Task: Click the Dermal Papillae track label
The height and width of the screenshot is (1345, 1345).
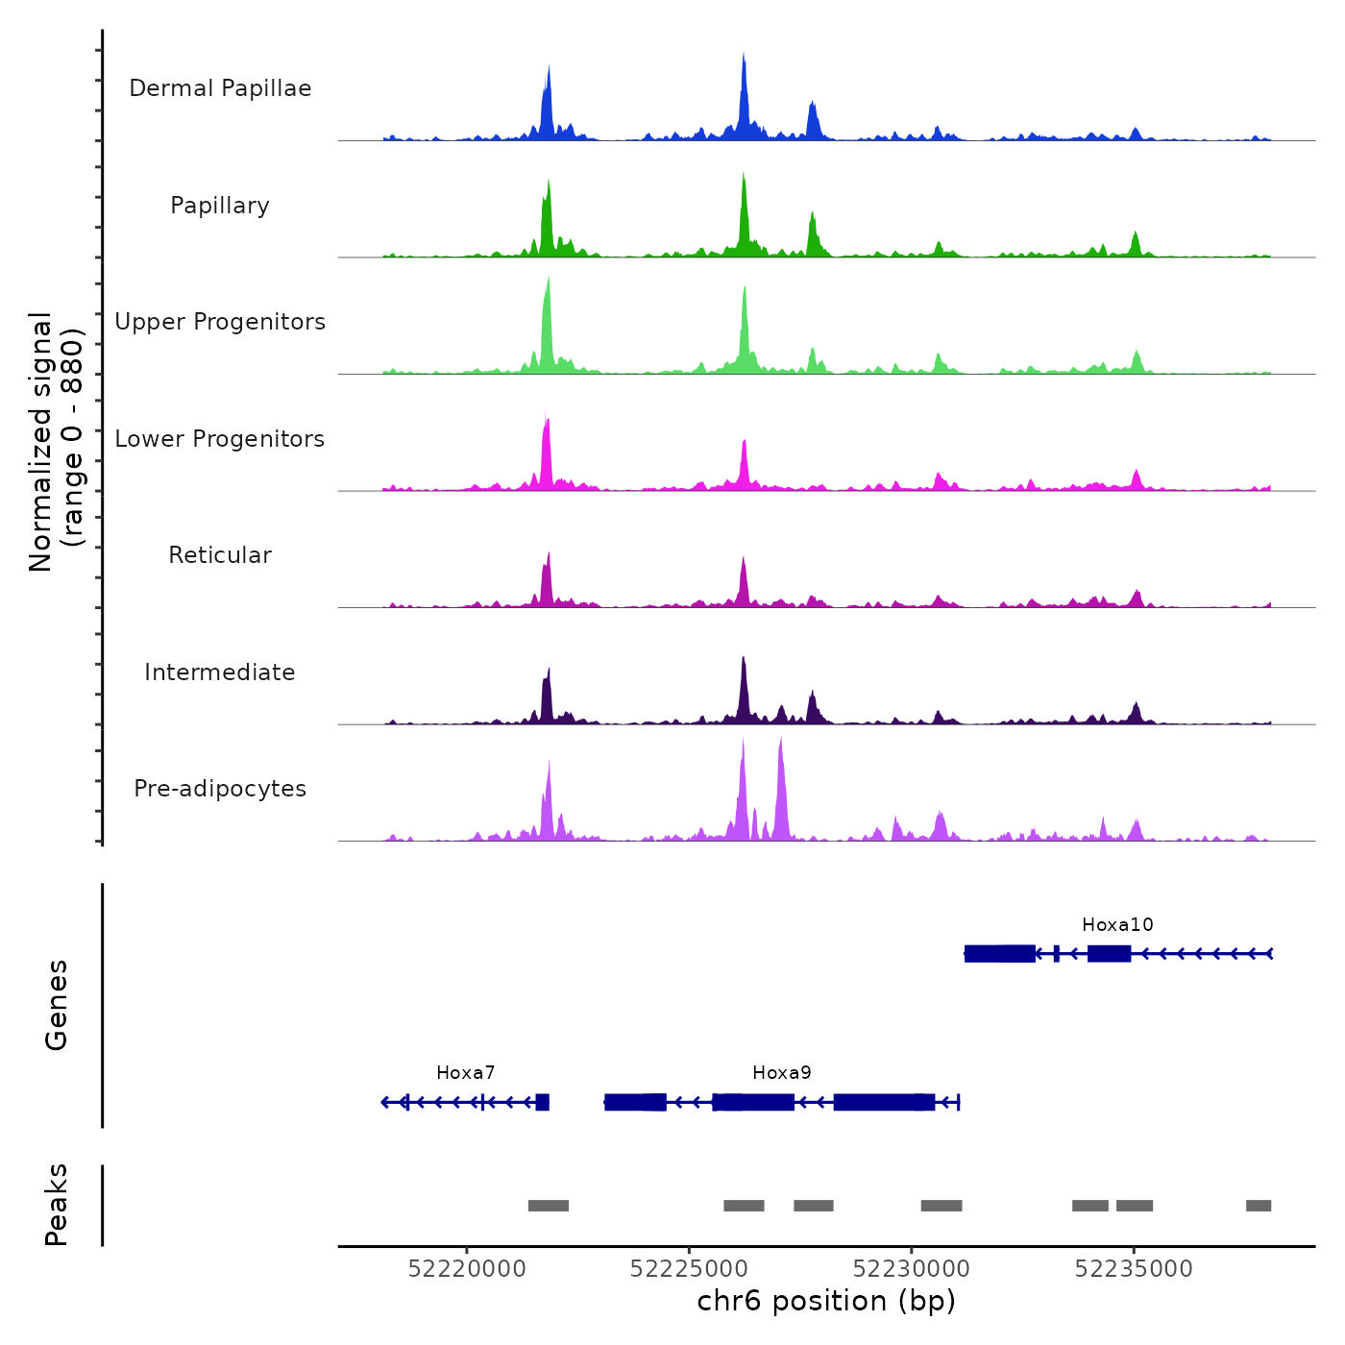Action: pos(220,88)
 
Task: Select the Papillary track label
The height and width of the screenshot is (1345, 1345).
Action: pos(220,206)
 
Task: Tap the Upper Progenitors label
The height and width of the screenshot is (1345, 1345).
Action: pos(220,322)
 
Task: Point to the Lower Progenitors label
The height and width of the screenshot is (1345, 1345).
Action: pos(220,439)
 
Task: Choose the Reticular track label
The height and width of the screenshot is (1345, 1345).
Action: pos(220,555)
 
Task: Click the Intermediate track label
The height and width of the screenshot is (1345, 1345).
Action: pos(220,672)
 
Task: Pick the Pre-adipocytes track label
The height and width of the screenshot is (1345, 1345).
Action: pos(220,789)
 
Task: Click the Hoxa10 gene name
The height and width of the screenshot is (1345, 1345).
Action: pos(1117,925)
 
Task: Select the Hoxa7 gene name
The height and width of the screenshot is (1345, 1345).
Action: pos(466,1073)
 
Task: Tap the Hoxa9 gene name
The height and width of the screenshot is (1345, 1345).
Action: pos(782,1073)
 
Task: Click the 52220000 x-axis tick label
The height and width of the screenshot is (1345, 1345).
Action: pos(467,1269)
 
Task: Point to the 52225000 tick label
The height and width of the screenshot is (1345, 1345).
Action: pos(689,1269)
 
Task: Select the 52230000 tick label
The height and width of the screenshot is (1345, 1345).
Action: pos(912,1269)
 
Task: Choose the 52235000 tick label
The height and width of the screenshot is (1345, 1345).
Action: pos(1134,1269)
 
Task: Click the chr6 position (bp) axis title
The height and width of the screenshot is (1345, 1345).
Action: pos(826,1301)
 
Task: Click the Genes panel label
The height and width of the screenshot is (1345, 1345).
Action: pos(57,1005)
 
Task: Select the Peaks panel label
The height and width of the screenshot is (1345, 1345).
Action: pos(57,1205)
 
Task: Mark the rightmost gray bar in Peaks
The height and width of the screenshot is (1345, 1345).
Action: pos(1259,1206)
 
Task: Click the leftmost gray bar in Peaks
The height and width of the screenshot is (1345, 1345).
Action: pos(549,1206)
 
